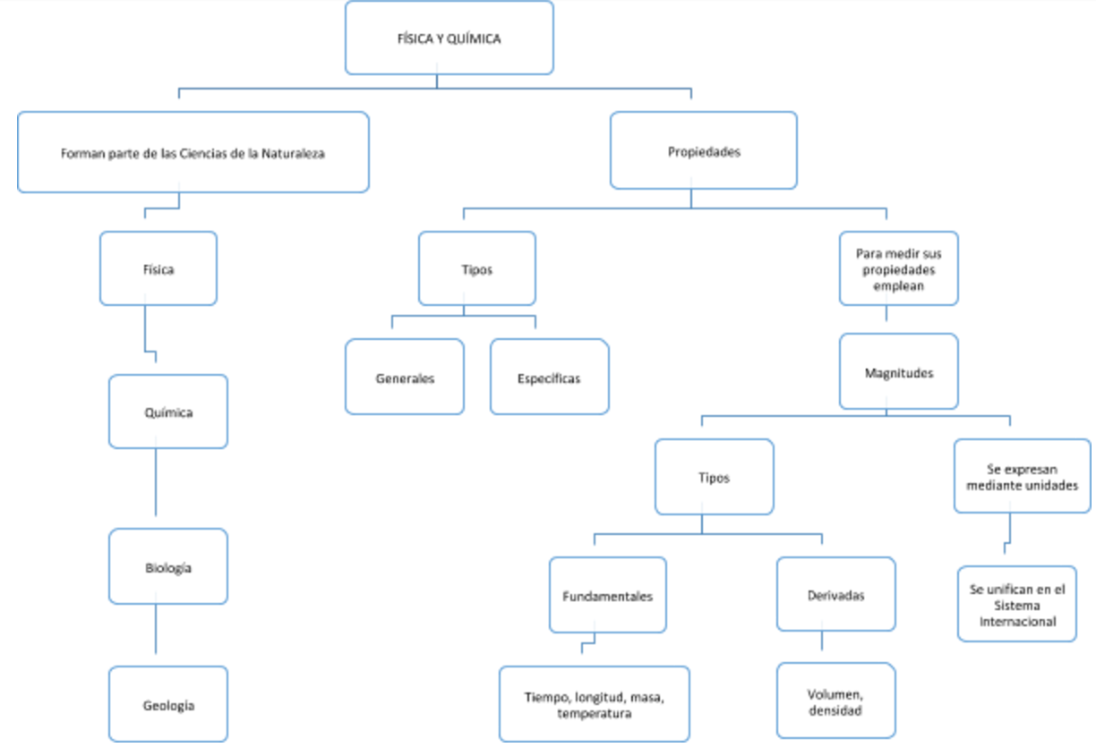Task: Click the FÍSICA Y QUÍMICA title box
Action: pos(449,38)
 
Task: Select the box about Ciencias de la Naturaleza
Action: pos(193,152)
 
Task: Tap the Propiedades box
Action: pos(703,151)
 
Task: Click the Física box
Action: pos(158,268)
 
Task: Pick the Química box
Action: pos(168,412)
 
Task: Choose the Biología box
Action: pos(168,566)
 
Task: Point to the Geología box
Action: pos(168,704)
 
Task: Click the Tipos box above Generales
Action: pos(476,268)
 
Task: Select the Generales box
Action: pos(405,377)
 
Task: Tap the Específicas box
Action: pos(549,377)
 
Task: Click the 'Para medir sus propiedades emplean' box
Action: pos(898,268)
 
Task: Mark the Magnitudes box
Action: pos(898,371)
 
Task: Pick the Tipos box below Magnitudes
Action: pos(714,477)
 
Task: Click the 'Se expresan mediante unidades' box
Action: pos(1022,476)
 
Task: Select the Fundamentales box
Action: pos(607,595)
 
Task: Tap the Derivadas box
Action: pos(835,594)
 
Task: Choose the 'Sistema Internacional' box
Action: pos(1016,604)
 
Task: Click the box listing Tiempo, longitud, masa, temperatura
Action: pos(594,704)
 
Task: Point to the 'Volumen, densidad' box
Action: pos(835,700)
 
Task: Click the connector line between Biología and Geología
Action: pos(156,631)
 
